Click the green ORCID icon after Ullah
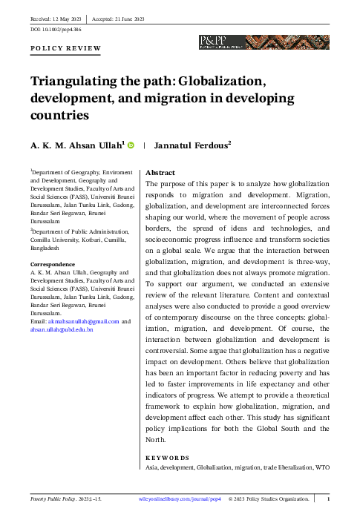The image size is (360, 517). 131,145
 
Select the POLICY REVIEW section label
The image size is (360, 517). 65,48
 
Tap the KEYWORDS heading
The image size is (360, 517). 167,458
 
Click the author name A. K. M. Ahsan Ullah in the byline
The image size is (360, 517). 77,146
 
